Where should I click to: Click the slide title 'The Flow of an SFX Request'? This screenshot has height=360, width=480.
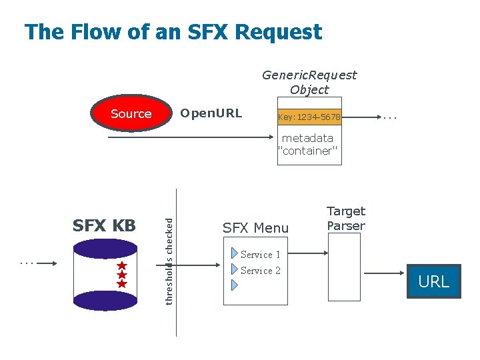tap(173, 32)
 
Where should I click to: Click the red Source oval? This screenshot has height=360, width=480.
tap(131, 114)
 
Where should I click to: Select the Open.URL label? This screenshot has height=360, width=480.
tap(211, 113)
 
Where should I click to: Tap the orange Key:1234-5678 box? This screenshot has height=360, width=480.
tap(309, 117)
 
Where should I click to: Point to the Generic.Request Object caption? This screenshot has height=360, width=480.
tap(309, 82)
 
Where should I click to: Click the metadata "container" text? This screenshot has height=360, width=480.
tap(308, 145)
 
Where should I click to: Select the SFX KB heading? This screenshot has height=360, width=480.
tap(104, 226)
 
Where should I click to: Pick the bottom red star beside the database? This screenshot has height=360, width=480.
tap(122, 284)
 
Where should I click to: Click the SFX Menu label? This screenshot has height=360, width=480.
tap(256, 228)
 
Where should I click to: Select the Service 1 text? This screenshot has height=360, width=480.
tap(260, 255)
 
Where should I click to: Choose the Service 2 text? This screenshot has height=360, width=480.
tap(260, 271)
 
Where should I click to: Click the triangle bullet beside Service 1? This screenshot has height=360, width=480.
tap(234, 254)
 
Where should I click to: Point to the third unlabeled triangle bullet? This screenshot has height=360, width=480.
tap(234, 285)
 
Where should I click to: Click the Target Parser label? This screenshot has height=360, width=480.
tap(346, 219)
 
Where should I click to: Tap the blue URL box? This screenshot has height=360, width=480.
tap(433, 282)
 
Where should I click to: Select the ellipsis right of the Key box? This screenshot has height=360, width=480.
tap(391, 118)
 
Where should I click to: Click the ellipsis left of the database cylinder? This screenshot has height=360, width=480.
tap(27, 263)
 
